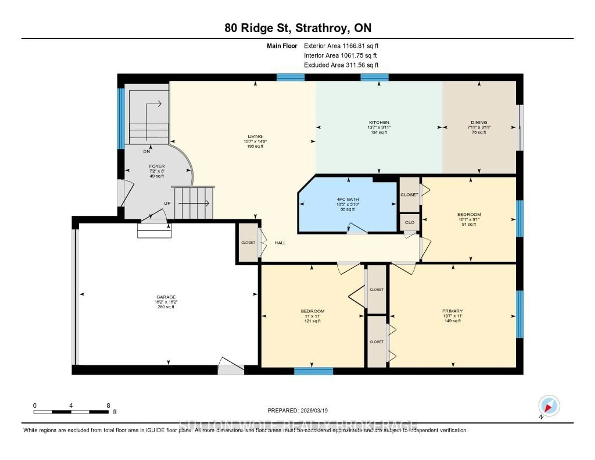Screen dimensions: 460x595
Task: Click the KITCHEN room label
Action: click(379, 122)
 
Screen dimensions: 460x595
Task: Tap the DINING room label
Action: click(479, 122)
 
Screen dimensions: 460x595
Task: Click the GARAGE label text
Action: click(166, 297)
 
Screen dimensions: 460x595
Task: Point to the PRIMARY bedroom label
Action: click(452, 311)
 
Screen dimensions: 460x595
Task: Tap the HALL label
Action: click(280, 243)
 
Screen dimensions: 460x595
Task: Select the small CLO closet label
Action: click(410, 222)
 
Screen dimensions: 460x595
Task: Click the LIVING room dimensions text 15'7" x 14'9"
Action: click(255, 141)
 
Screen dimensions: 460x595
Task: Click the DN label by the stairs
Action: click(147, 151)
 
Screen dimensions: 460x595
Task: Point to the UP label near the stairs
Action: click(167, 203)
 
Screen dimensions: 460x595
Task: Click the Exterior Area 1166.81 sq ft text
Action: click(341, 46)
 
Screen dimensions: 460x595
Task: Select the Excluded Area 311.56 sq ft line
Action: click(341, 65)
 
